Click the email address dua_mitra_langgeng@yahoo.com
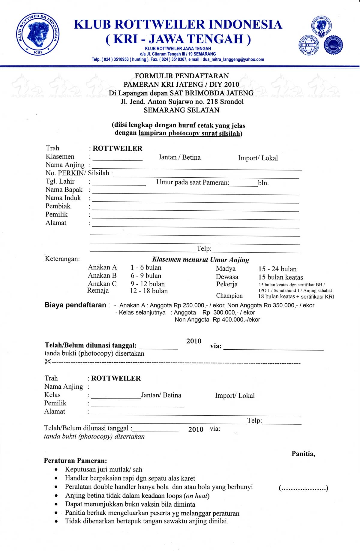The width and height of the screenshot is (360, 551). [x=233, y=59]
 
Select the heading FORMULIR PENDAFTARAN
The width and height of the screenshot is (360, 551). [x=182, y=76]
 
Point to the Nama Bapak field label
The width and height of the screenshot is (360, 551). [x=64, y=190]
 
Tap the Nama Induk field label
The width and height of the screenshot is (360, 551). [x=63, y=198]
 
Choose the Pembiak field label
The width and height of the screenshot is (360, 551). [x=58, y=206]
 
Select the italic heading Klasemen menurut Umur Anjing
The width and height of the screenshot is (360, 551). [x=200, y=260]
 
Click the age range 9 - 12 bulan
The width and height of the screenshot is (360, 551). [x=148, y=284]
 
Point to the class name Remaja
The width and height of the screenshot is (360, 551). [x=98, y=291]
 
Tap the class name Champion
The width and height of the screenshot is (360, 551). [x=229, y=296]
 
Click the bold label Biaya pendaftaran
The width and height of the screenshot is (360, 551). [x=75, y=305]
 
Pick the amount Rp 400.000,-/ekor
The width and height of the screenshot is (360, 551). [x=236, y=320]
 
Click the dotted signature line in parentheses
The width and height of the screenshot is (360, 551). [x=303, y=489]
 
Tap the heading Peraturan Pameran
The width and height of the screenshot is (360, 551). [x=75, y=461]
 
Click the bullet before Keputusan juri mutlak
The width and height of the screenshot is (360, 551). [x=56, y=470]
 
